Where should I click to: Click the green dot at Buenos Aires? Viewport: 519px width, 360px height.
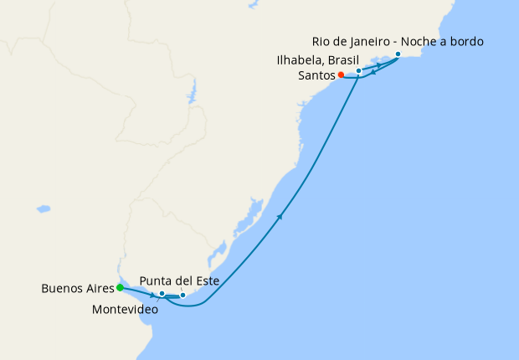(120, 288)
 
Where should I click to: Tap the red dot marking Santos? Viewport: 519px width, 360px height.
(341, 75)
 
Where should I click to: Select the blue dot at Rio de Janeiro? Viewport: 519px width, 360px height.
(398, 54)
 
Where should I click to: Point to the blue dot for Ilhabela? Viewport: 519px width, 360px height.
(358, 71)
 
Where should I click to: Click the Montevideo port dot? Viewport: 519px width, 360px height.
(162, 294)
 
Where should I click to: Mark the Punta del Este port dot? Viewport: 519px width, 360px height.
(182, 296)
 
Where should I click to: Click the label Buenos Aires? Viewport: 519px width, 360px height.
(77, 289)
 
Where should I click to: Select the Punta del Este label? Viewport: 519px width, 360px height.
(180, 281)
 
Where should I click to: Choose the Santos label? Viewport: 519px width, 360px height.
(316, 75)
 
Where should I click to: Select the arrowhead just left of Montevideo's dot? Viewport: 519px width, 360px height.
(152, 295)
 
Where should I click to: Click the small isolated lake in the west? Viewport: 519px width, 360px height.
(43, 208)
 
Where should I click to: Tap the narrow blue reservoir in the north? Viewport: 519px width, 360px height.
(193, 93)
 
